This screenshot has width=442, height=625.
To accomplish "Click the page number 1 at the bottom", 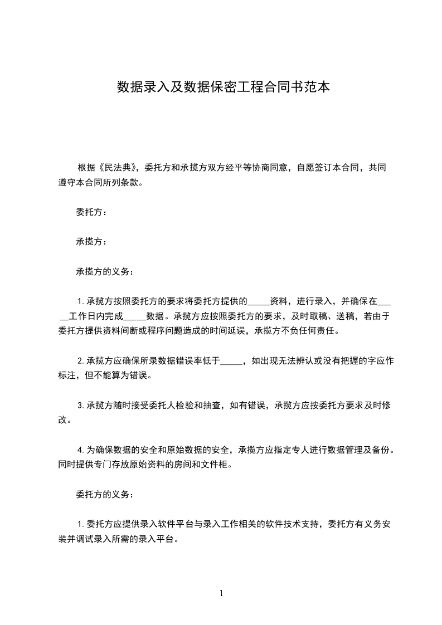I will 221,593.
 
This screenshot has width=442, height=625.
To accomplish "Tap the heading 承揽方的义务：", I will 104,272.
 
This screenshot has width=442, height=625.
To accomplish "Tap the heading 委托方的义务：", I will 104,494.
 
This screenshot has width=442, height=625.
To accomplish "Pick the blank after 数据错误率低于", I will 231,361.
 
